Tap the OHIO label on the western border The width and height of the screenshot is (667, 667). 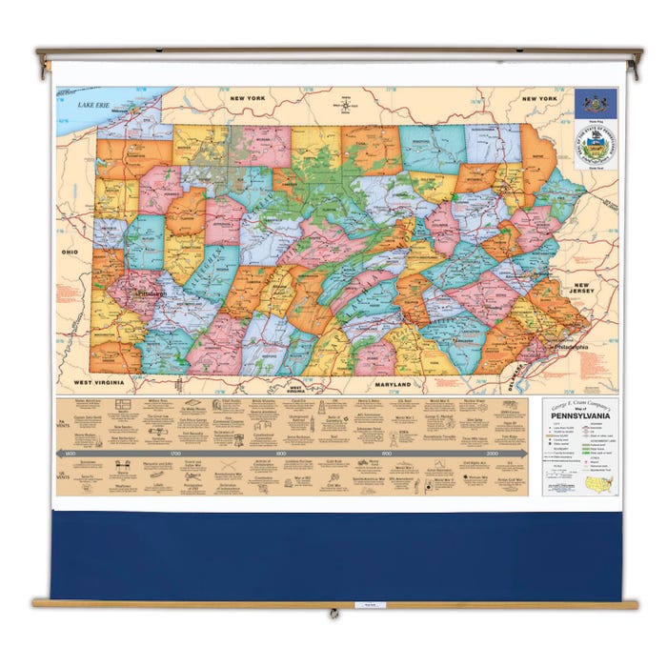(70, 252)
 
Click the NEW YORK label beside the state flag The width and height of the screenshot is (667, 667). (538, 98)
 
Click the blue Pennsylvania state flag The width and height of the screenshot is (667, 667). (595, 104)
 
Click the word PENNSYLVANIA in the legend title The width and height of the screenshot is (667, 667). (579, 417)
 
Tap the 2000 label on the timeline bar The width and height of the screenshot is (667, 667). (492, 454)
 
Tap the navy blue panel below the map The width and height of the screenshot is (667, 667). (333, 557)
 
